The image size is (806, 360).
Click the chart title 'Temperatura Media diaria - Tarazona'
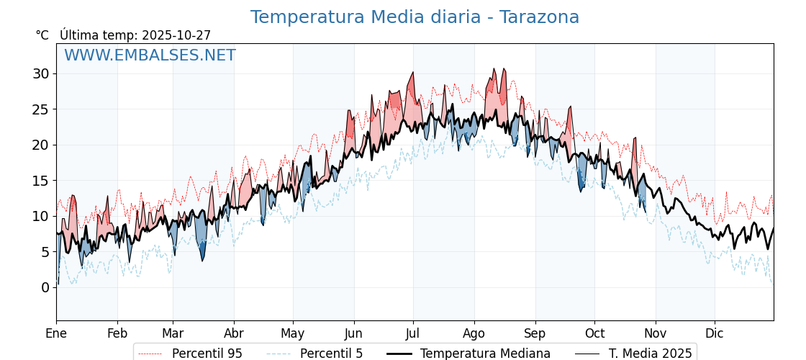415,17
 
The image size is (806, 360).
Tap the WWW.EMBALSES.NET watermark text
150,55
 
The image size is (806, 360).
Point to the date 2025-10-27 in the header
176,35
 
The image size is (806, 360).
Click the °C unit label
42,35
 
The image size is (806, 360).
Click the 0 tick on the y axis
45,287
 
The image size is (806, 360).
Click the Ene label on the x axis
56,333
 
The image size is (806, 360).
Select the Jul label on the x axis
413,333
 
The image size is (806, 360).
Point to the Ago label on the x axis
474,333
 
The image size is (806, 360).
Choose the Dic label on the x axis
715,333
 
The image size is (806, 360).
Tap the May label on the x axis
293,333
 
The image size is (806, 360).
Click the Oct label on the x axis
594,333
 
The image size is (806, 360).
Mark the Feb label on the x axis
117,333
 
